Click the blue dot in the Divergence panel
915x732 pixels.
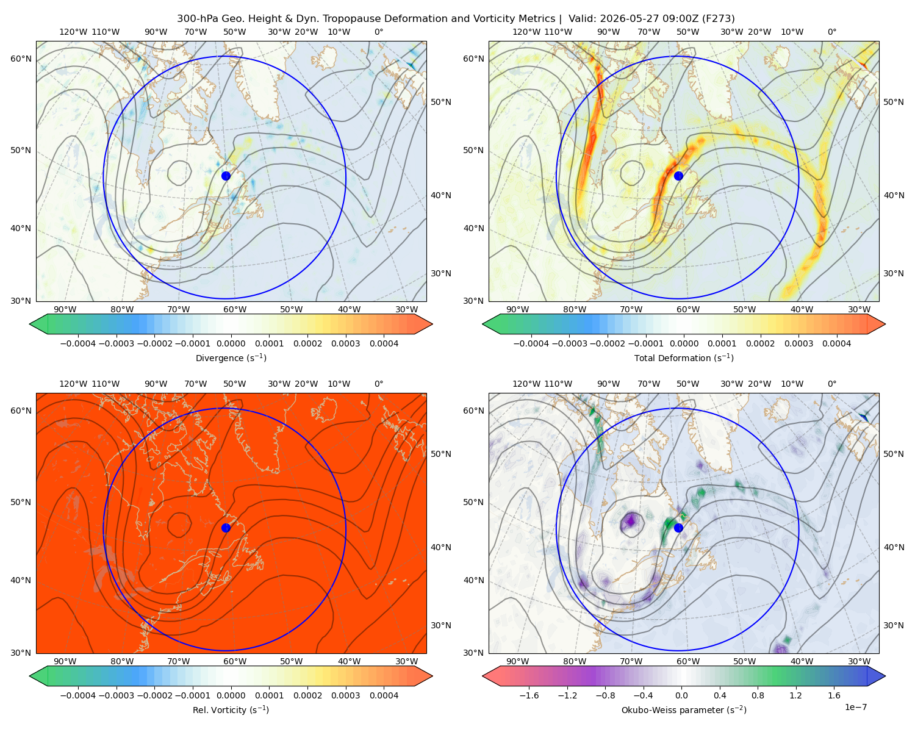[x=226, y=176]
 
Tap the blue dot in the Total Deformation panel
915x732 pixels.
[x=678, y=176]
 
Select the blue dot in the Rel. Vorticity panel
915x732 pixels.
[x=226, y=528]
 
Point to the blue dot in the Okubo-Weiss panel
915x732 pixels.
[x=678, y=528]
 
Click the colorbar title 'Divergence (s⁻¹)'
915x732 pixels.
[x=231, y=357]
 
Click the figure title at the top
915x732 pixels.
[x=456, y=19]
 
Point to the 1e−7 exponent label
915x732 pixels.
[x=855, y=708]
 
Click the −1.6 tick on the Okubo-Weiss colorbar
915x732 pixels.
[x=529, y=695]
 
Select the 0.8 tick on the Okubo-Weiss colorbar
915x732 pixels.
[x=758, y=695]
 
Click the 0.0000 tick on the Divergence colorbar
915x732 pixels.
[x=231, y=343]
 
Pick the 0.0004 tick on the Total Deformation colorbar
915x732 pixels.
[x=836, y=343]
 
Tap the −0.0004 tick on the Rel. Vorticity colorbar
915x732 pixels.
[x=78, y=695]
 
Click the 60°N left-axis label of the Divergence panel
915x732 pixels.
[x=21, y=59]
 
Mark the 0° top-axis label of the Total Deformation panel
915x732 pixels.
[x=831, y=32]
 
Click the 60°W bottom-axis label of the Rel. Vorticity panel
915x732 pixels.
[x=235, y=661]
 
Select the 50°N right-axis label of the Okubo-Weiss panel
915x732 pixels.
[x=893, y=454]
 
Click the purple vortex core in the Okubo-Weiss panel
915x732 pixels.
[x=631, y=520]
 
